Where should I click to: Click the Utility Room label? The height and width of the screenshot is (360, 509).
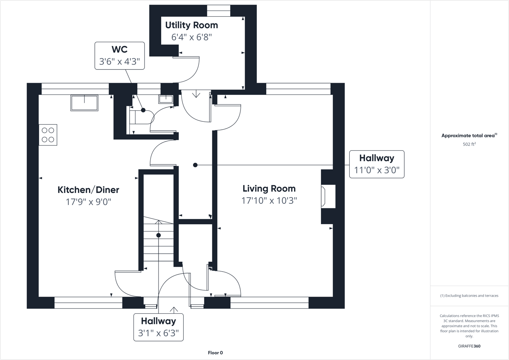coord(192,25)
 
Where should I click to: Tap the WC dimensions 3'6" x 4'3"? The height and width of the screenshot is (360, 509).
coord(119,61)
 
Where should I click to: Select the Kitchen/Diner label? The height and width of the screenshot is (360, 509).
coord(88,190)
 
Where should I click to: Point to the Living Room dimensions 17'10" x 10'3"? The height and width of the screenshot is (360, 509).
coord(269,200)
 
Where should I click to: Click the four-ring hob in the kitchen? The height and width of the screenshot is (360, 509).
coord(48,135)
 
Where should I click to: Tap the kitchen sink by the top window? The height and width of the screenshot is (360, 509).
coord(84,103)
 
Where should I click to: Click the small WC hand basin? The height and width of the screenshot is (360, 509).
coord(166,99)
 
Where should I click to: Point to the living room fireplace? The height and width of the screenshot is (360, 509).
coord(328,197)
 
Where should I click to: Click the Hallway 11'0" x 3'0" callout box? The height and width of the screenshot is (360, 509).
coord(377,164)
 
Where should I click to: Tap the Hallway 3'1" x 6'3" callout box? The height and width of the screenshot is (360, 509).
coord(159,327)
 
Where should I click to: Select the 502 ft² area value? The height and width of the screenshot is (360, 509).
coord(469,144)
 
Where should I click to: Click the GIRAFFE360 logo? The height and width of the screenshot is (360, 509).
coord(469,346)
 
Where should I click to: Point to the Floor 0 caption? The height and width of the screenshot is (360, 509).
coord(215,353)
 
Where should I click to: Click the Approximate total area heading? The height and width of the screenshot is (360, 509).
coord(469,136)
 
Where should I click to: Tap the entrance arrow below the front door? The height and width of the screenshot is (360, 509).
coord(174,310)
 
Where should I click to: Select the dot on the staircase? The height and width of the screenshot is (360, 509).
coord(159,235)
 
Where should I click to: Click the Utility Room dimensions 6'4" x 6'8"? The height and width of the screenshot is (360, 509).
coord(192,37)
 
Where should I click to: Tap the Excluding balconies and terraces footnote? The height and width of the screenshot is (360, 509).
coord(469,296)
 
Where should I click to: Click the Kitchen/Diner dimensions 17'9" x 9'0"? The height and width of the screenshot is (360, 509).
coord(88,202)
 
